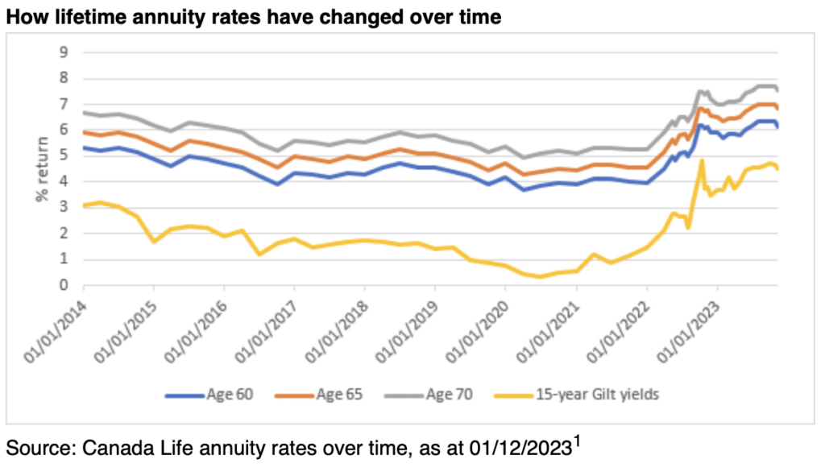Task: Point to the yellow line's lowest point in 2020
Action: coord(541,277)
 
